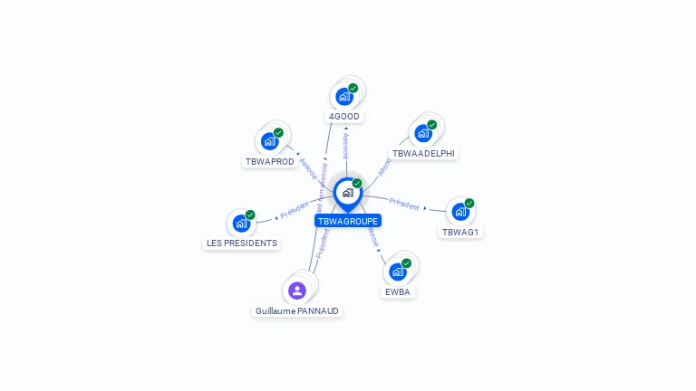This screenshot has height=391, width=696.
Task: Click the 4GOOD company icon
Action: [x=344, y=96]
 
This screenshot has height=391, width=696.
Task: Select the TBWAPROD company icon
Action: [x=269, y=141]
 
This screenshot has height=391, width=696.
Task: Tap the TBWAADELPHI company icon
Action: [x=422, y=133]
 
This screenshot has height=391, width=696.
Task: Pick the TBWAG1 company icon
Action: [x=460, y=212]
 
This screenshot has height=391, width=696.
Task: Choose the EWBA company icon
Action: [x=397, y=272]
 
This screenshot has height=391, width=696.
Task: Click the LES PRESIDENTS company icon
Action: [x=241, y=223]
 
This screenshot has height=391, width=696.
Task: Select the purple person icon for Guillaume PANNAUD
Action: [x=296, y=291]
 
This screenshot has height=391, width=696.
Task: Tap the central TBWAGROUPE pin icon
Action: [x=347, y=193]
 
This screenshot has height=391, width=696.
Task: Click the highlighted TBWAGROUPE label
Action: [x=348, y=221]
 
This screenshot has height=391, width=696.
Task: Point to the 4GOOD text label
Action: [x=344, y=117]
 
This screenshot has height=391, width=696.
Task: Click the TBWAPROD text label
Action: [x=270, y=161]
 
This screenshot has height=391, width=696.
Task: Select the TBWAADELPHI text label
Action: [x=424, y=153]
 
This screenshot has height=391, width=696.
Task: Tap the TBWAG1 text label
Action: [x=460, y=232]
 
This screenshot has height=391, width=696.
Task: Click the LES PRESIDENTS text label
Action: [x=242, y=243]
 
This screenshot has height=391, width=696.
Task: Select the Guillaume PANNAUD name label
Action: [x=297, y=310]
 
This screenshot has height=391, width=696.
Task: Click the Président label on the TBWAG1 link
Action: [x=404, y=204]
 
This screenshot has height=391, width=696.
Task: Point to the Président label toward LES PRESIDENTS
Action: [x=295, y=210]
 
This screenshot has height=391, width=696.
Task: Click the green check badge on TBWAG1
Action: [x=469, y=203]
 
